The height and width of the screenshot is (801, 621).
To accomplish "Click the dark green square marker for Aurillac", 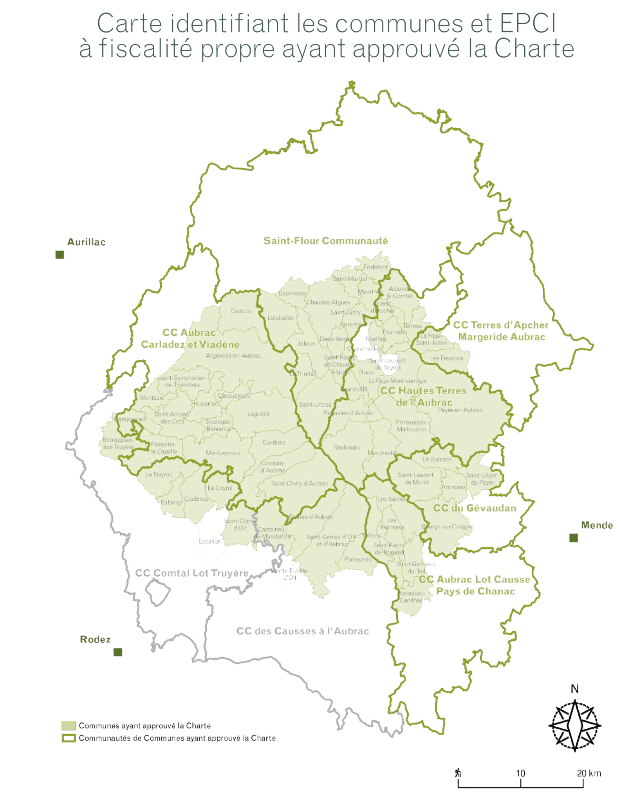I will tap(60, 255).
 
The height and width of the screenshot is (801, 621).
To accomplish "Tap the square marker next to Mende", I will tap(573, 538).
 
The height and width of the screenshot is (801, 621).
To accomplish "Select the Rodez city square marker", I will tap(117, 652).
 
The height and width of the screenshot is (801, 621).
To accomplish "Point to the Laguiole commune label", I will tap(258, 414).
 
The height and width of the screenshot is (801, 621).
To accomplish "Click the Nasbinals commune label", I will tap(346, 447).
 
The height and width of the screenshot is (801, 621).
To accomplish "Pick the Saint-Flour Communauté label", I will tap(325, 241).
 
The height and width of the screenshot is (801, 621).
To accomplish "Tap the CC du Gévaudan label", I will tap(475, 508).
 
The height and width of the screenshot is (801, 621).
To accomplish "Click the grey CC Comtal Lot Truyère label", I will tap(192, 573).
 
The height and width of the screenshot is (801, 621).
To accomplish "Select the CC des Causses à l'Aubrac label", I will tap(303, 631).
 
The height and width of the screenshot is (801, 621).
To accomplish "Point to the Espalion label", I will tap(210, 541).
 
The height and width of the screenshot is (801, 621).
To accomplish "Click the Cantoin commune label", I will tap(240, 311).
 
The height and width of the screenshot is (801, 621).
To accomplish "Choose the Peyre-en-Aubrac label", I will tap(460, 410).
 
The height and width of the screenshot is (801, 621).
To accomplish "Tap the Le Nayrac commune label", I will tap(159, 474).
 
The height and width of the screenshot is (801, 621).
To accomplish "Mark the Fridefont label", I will tap(375, 267).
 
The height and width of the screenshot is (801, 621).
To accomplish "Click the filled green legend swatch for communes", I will tap(69, 726).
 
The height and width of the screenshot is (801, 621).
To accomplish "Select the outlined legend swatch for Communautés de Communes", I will tap(69, 738).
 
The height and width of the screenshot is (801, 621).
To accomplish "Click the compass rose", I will tap(574, 725).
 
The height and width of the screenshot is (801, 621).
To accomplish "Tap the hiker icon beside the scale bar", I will tap(458, 773).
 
